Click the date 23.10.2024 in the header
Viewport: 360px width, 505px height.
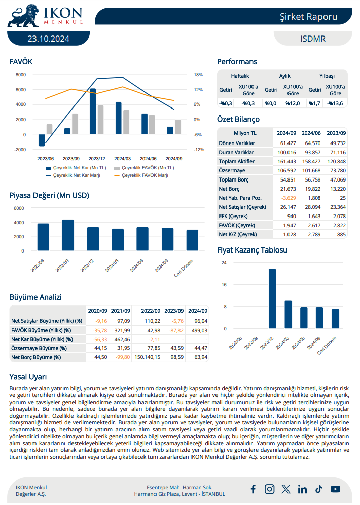click(x=49, y=39)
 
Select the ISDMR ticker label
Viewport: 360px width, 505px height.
click(x=313, y=39)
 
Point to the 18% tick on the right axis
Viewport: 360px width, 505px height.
click(x=198, y=75)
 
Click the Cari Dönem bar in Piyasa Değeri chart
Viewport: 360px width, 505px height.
click(x=192, y=240)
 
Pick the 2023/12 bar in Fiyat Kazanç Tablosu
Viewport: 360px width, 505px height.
click(x=272, y=299)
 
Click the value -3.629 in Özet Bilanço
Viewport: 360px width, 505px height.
click(x=288, y=197)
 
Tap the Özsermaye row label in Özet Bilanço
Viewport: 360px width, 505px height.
click(x=232, y=170)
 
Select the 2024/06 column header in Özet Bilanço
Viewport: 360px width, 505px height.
click(x=311, y=133)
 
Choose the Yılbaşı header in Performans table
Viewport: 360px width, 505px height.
click(x=327, y=76)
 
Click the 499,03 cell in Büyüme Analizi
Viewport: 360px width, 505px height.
click(x=198, y=330)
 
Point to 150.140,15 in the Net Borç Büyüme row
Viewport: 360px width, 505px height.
click(x=147, y=357)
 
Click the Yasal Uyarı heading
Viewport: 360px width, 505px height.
click(x=28, y=377)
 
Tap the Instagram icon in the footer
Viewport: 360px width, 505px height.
click(x=270, y=489)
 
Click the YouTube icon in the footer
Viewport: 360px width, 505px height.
click(x=335, y=489)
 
